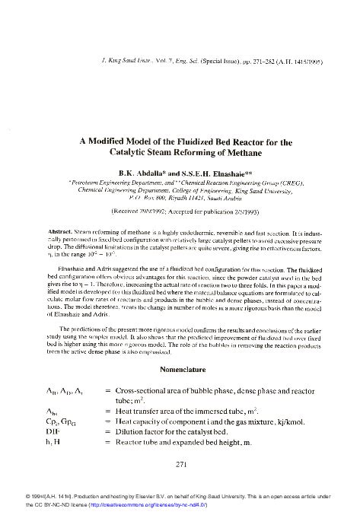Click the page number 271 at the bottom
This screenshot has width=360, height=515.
(x=181, y=463)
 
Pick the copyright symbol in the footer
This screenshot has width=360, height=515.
(x=8, y=494)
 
